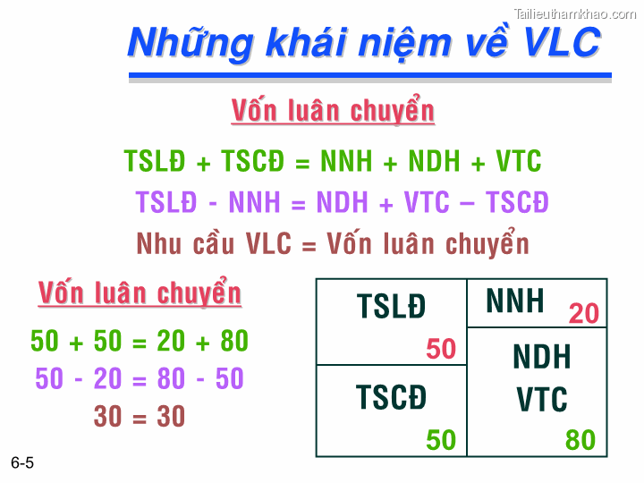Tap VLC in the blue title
(x=562, y=42)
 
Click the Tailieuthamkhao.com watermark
(x=575, y=13)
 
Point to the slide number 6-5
(x=22, y=462)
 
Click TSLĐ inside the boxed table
(x=391, y=307)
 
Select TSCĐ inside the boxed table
(x=391, y=396)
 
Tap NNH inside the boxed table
(x=515, y=301)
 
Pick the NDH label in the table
(x=542, y=358)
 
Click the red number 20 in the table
(x=583, y=314)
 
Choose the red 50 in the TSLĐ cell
(x=441, y=349)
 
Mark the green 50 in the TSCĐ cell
(x=441, y=440)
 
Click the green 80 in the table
(x=580, y=440)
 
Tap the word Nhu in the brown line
(x=158, y=243)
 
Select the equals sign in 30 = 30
(x=140, y=417)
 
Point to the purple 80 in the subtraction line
(x=171, y=379)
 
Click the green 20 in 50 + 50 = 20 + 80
(x=171, y=342)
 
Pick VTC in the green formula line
(x=518, y=162)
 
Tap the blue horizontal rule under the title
(x=369, y=76)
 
